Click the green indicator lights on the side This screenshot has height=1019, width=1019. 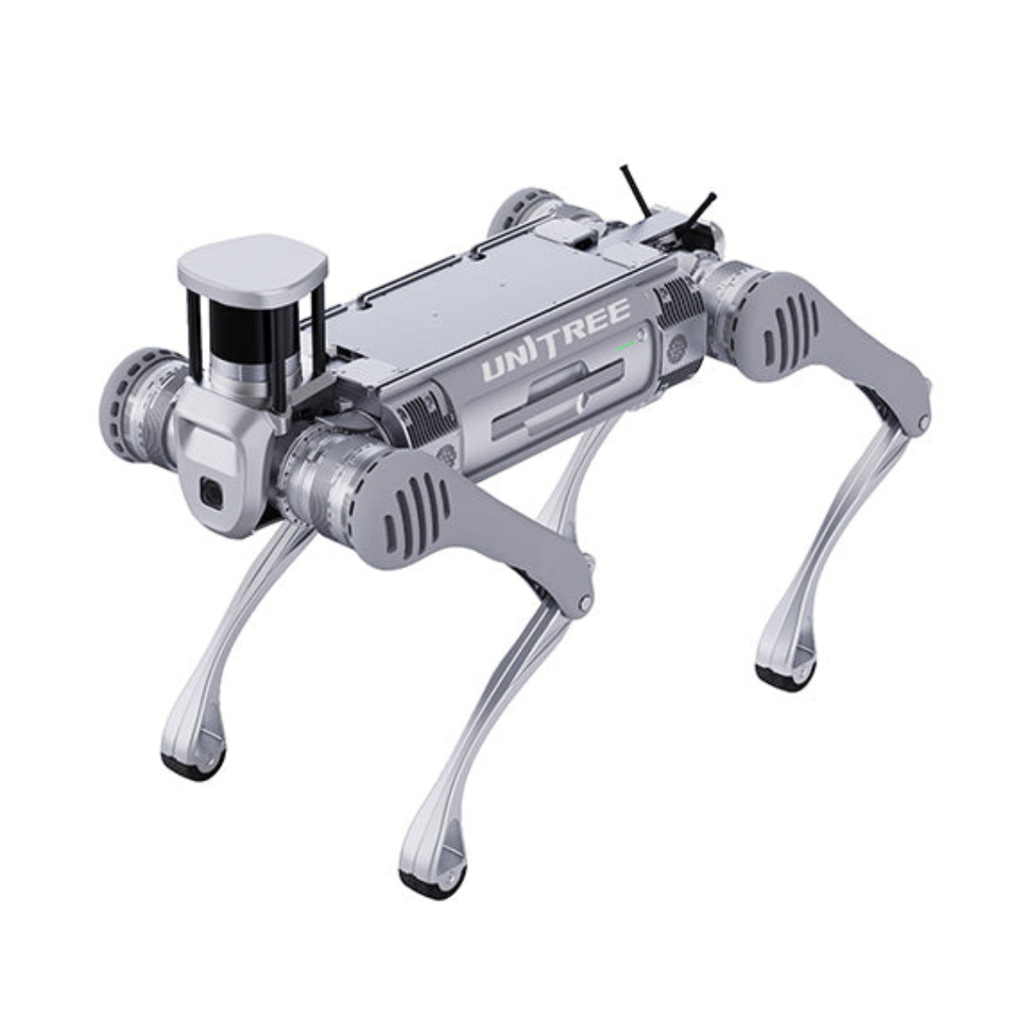point(626,346)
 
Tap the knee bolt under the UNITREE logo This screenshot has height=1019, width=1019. point(584,603)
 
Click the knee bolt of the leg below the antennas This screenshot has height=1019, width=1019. point(922,422)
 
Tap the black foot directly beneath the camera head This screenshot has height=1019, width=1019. point(194,764)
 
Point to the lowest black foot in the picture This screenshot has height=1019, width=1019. point(433,884)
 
